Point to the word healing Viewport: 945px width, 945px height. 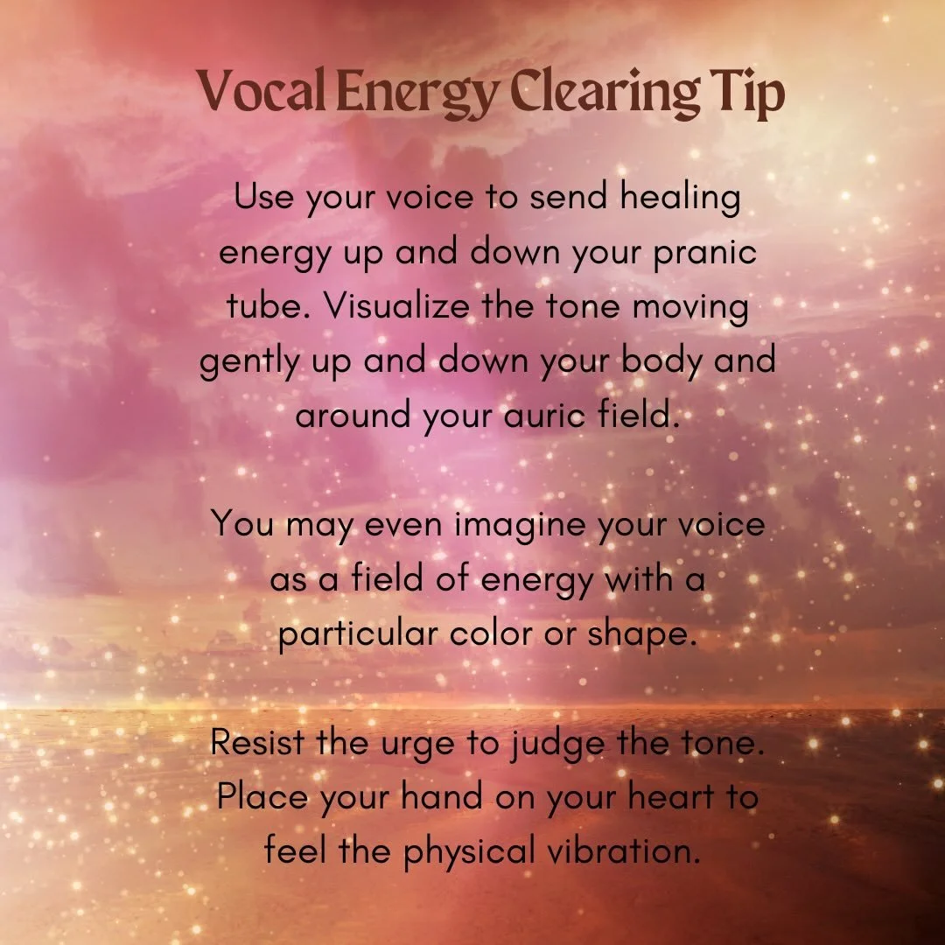(x=680, y=199)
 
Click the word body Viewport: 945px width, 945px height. (x=648, y=362)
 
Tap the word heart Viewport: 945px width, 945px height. (x=656, y=798)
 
